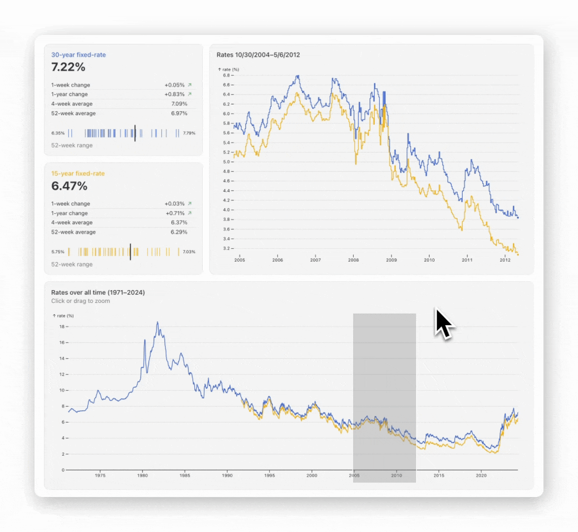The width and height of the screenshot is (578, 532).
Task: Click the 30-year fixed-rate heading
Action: pyautogui.click(x=78, y=55)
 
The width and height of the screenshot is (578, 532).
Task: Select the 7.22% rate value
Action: pyautogui.click(x=69, y=67)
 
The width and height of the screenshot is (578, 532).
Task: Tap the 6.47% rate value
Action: pyautogui.click(x=70, y=186)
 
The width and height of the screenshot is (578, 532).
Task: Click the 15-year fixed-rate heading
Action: pyautogui.click(x=78, y=173)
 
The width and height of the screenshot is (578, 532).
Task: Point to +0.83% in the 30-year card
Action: pyautogui.click(x=175, y=94)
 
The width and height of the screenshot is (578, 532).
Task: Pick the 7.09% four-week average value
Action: pyautogui.click(x=179, y=104)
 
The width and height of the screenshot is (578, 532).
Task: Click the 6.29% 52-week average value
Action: pyautogui.click(x=179, y=232)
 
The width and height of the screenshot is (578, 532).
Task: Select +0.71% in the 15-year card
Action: pyautogui.click(x=175, y=213)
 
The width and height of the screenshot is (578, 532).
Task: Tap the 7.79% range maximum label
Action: pyautogui.click(x=189, y=133)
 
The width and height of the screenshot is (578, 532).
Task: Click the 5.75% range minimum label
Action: pyautogui.click(x=58, y=252)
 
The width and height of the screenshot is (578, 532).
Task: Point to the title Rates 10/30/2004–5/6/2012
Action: pyautogui.click(x=258, y=55)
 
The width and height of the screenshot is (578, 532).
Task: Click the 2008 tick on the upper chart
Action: pyautogui.click(x=354, y=260)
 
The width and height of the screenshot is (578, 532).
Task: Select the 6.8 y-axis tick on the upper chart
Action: pyautogui.click(x=226, y=75)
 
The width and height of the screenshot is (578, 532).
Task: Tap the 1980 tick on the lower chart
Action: pyautogui.click(x=142, y=475)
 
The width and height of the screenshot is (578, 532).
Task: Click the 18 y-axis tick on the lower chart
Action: pyautogui.click(x=62, y=327)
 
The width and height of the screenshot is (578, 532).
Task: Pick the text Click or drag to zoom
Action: pyautogui.click(x=80, y=301)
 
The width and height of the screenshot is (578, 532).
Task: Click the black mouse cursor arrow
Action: pyautogui.click(x=443, y=323)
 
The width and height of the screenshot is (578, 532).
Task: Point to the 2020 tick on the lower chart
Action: pyautogui.click(x=481, y=475)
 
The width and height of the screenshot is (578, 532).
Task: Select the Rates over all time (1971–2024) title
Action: pyautogui.click(x=98, y=292)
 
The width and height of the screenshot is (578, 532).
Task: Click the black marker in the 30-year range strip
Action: pyautogui.click(x=135, y=133)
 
